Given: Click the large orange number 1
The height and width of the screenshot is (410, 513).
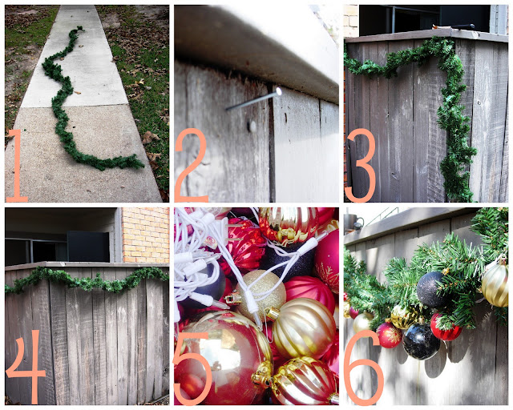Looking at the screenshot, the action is tap(17, 166).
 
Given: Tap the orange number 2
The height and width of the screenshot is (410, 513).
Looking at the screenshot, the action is tap(191, 166).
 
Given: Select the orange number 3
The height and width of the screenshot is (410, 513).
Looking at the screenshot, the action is tap(360, 166).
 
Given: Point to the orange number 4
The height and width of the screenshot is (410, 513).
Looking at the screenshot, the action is tap(26, 366).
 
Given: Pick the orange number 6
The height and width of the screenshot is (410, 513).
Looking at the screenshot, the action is tap(364, 368).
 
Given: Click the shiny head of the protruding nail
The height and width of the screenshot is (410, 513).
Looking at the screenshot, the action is tap(278, 91).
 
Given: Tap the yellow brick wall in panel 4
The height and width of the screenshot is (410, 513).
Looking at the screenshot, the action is tap(146, 235).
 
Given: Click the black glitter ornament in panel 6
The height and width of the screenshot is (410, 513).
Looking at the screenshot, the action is tap(432, 290).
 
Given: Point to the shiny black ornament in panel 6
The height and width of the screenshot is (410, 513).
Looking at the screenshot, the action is tap(421, 342).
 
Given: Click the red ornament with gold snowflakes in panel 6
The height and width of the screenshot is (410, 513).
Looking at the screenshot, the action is tap(389, 336).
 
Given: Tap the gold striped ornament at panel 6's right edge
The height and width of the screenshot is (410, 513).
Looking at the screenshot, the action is tap(495, 286).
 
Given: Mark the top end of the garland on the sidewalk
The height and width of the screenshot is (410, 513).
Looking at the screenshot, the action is tap(80, 29).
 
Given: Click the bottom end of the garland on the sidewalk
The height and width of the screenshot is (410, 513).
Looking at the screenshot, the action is tap(139, 163).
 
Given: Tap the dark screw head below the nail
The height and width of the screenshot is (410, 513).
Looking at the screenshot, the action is tap(252, 126).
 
